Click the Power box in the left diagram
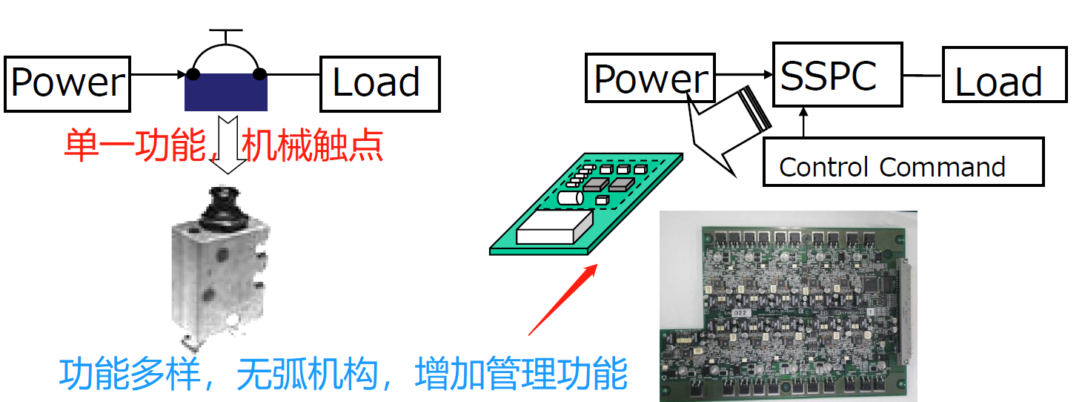(x=67, y=83)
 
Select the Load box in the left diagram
(x=379, y=82)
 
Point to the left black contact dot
(x=193, y=74)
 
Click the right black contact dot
(x=259, y=74)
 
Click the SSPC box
(x=837, y=74)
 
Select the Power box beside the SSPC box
(x=650, y=77)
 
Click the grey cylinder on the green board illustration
(x=570, y=198)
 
